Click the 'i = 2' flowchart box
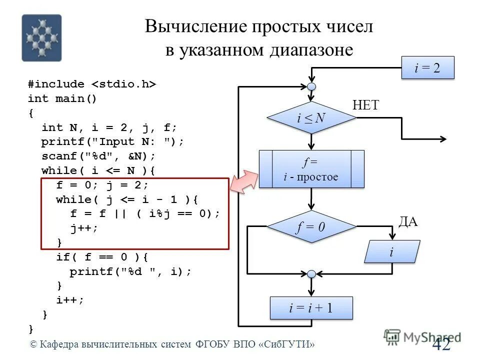(427, 68)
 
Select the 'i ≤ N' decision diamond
(311, 118)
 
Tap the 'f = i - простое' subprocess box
(311, 169)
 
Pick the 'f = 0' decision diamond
(311, 227)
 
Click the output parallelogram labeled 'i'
(391, 251)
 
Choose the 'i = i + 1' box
(311, 308)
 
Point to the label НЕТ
(365, 105)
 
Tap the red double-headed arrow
(243, 181)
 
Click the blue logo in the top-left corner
(41, 38)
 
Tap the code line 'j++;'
(84, 228)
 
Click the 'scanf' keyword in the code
(56, 156)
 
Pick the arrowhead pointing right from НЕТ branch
(443, 138)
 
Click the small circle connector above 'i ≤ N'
(311, 87)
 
